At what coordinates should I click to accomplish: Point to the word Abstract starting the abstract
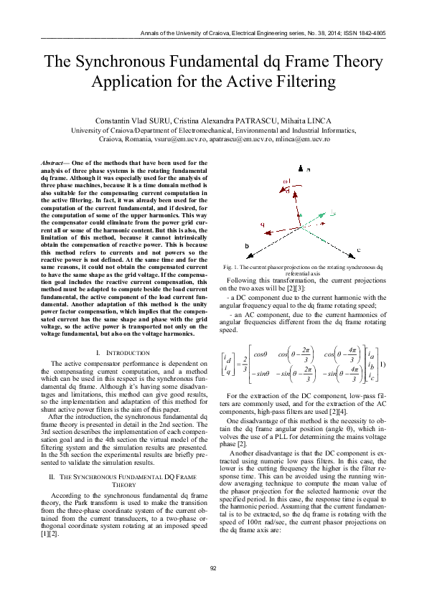point(53,163)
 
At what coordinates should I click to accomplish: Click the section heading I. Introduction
point(123,353)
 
